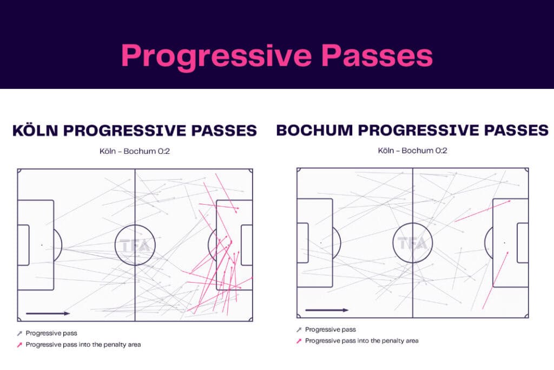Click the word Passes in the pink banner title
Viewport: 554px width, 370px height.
point(375,56)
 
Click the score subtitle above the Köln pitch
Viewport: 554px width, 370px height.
point(134,151)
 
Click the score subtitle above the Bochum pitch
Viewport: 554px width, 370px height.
point(413,151)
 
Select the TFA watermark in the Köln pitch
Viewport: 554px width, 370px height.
point(135,245)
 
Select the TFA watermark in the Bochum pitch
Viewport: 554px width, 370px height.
point(413,243)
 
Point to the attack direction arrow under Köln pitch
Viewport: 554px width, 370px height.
point(48,313)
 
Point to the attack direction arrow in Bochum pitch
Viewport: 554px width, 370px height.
point(326,310)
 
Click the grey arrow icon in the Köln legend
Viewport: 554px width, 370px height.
point(19,334)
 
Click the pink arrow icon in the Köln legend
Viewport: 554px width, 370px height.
point(19,345)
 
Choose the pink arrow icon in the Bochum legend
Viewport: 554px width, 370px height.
point(299,341)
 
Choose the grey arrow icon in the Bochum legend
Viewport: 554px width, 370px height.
point(299,330)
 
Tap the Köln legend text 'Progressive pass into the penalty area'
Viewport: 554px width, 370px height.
point(83,345)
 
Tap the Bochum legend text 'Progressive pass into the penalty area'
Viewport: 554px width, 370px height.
point(361,341)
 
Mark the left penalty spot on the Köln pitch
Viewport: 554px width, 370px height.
point(42,245)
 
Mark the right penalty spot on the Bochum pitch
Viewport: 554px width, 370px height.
point(505,243)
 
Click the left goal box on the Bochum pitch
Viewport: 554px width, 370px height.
point(302,243)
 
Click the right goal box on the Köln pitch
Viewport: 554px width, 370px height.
point(246,245)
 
